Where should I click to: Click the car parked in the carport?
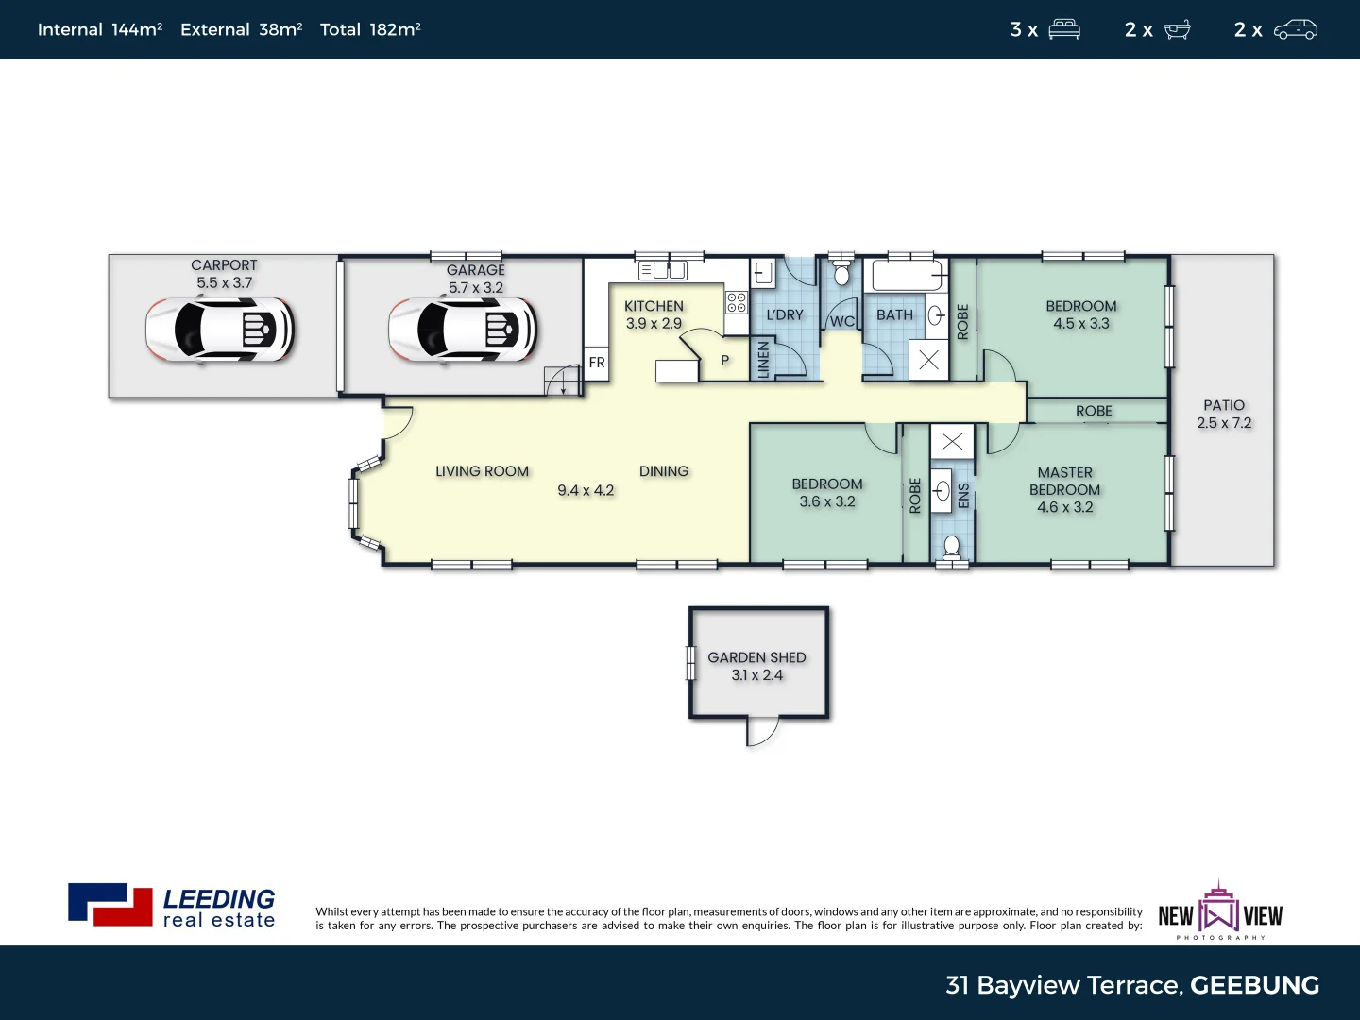220,330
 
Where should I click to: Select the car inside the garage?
463,330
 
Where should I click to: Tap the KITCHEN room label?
654,306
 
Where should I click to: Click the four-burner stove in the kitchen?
737,302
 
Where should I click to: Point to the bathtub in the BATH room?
907,276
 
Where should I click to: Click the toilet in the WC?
841,275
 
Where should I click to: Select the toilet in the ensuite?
952,547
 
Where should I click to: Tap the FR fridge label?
597,363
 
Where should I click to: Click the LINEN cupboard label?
764,360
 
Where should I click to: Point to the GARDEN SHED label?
756,657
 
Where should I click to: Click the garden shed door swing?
763,731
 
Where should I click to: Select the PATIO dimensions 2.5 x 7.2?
1224,423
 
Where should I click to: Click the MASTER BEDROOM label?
1064,481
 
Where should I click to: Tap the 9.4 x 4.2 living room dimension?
586,490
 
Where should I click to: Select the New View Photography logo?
1219,911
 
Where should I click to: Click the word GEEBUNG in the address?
1254,985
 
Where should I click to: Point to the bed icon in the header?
1064,29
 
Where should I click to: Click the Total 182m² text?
370,29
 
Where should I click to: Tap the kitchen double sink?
663,271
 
